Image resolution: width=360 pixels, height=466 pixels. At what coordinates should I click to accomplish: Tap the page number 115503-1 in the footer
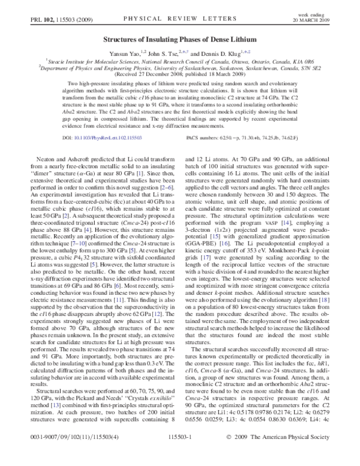180,454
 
